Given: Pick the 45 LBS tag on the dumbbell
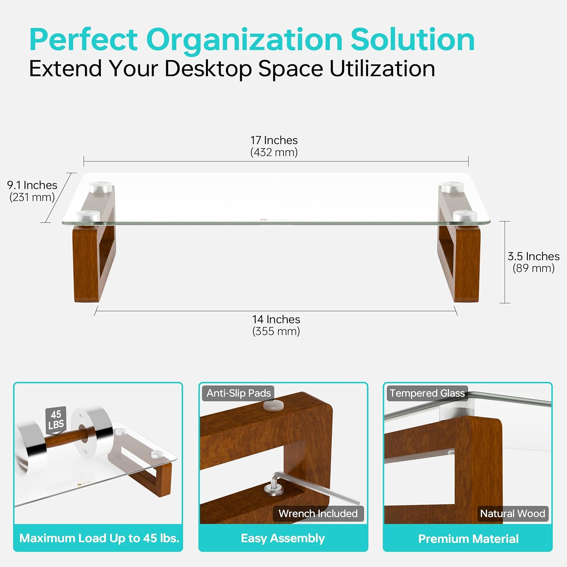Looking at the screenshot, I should point(56,420).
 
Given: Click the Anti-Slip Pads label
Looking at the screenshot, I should point(239,393).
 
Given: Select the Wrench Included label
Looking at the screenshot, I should point(318,513).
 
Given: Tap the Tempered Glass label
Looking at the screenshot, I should point(427,393).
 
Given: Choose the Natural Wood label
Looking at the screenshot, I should point(513,513).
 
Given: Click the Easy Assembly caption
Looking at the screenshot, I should point(283,538).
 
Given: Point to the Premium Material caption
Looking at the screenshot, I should point(468,538).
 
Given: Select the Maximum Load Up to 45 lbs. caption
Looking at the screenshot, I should point(99,538).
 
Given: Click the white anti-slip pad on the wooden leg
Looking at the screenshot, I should point(273,406).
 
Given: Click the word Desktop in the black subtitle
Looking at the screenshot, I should point(208,69).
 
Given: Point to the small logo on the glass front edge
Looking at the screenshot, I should point(274,219).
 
